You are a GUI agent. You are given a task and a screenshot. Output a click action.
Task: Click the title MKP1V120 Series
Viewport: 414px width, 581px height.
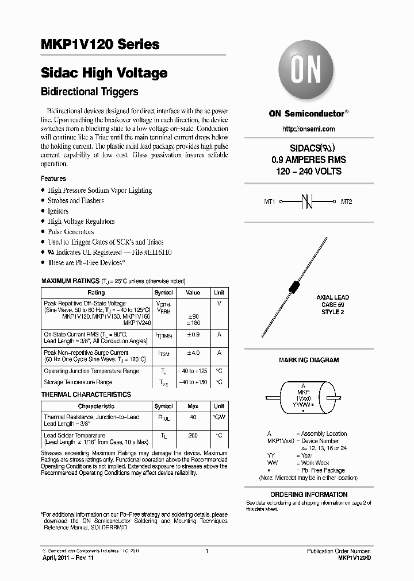click(x=101, y=44)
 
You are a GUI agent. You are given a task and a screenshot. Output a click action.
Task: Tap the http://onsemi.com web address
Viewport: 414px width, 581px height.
click(x=309, y=129)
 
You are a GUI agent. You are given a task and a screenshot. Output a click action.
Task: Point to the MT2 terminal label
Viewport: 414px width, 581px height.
click(x=347, y=202)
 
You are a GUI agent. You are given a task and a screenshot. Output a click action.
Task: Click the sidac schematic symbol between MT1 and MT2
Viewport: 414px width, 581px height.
click(x=308, y=202)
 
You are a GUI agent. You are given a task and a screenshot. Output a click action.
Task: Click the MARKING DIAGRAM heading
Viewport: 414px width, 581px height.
click(x=309, y=360)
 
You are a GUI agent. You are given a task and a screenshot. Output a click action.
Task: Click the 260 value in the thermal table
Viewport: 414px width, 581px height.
click(x=193, y=436)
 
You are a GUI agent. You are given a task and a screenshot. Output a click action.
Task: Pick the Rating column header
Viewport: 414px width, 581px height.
click(x=96, y=293)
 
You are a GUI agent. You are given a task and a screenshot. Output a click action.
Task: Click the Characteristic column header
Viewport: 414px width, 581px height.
click(x=96, y=406)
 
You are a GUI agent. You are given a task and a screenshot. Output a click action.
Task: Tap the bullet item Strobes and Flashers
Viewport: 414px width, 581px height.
click(x=75, y=201)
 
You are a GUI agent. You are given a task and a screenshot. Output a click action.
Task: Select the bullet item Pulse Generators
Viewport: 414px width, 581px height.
click(x=71, y=232)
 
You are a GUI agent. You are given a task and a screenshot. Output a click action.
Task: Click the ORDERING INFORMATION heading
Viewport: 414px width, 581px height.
click(x=309, y=494)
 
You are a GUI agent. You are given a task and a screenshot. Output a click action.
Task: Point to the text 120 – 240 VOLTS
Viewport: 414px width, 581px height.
click(x=309, y=171)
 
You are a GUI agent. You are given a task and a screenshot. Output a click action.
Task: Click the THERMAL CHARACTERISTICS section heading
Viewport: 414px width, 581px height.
click(x=86, y=394)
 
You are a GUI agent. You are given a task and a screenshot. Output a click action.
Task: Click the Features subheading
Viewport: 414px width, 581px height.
click(x=53, y=179)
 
